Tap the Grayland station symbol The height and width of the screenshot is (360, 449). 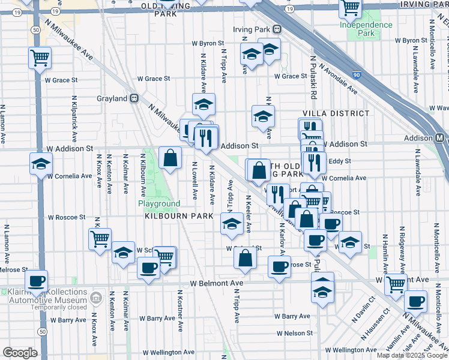pos(136,98)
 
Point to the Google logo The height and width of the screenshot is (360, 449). pos(20,352)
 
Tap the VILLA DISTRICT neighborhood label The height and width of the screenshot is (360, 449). pos(336,113)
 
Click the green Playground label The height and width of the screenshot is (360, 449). pos(159,203)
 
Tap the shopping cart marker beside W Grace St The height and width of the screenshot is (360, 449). pos(40,59)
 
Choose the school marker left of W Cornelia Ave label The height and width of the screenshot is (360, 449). pos(41,164)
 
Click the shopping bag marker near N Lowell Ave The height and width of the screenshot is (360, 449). pos(170,159)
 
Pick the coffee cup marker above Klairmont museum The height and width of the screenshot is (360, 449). pos(36,281)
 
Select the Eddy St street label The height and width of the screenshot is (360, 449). pos(340,161)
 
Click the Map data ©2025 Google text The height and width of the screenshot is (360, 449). pos(412,355)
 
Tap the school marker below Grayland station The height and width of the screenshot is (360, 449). pos(203,106)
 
